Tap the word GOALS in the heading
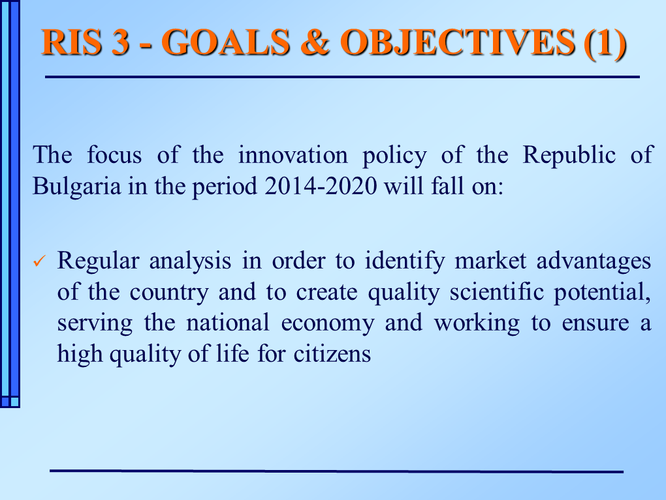pyautogui.click(x=226, y=42)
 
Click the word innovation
pyautogui.click(x=293, y=154)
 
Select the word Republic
pyautogui.click(x=569, y=155)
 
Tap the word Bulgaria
pyautogui.click(x=76, y=186)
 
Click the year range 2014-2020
pyautogui.click(x=321, y=186)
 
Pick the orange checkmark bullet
pyautogui.click(x=39, y=260)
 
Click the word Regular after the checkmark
pyautogui.click(x=98, y=261)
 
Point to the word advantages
pyautogui.click(x=594, y=261)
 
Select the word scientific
pyautogui.click(x=496, y=292)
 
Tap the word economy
pyautogui.click(x=328, y=323)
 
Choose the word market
pyautogui.click(x=490, y=261)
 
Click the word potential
pyautogui.click(x=602, y=293)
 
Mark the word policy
pyautogui.click(x=394, y=156)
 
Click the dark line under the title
pyautogui.click(x=342, y=77)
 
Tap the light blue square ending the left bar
pyautogui.click(x=14, y=402)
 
